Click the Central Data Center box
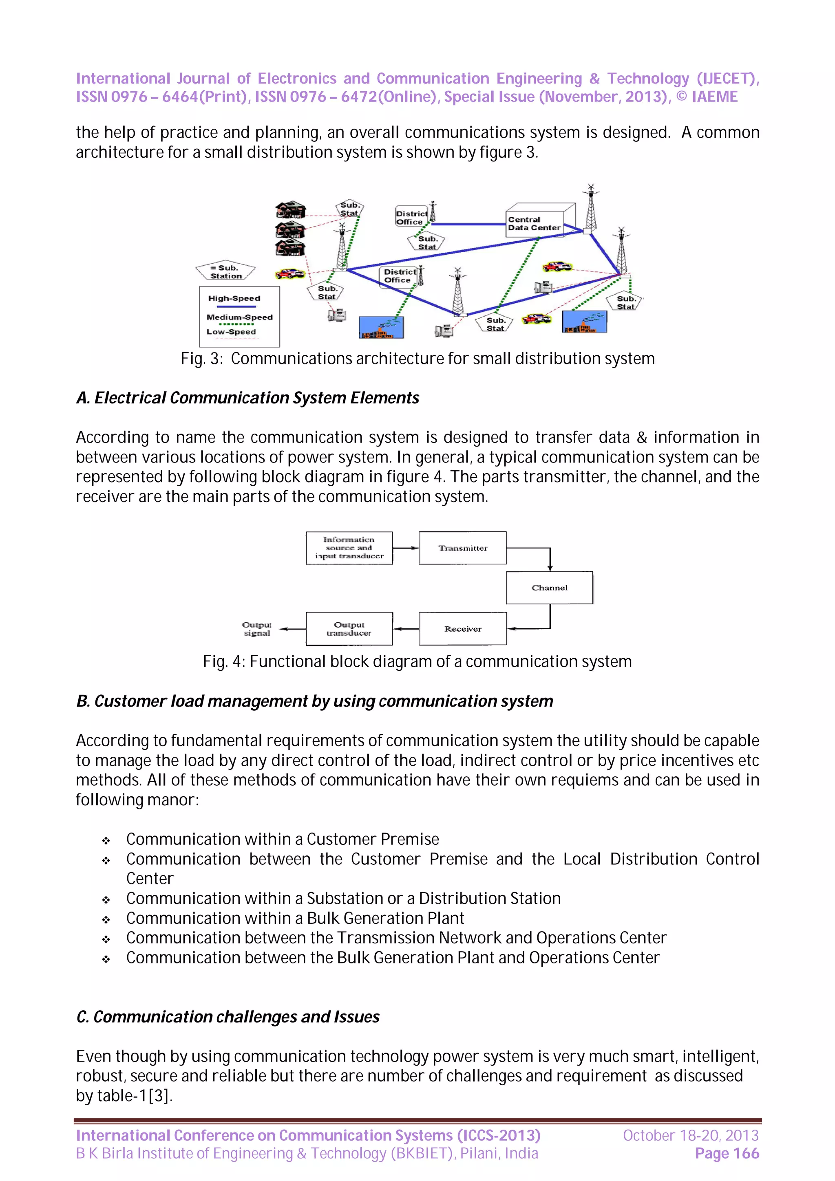[x=534, y=224]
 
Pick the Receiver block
[x=462, y=628]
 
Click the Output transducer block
[x=349, y=628]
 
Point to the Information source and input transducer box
[x=349, y=548]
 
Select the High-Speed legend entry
[x=234, y=299]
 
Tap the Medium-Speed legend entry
[x=239, y=317]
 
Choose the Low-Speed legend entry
[x=231, y=332]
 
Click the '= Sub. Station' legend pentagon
[x=226, y=271]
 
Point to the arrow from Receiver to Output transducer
[x=406, y=628]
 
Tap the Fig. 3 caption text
[x=417, y=359]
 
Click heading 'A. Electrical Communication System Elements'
[x=247, y=398]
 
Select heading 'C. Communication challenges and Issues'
[x=228, y=1017]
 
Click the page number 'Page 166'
[x=727, y=1153]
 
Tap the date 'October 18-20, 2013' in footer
[x=690, y=1135]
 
